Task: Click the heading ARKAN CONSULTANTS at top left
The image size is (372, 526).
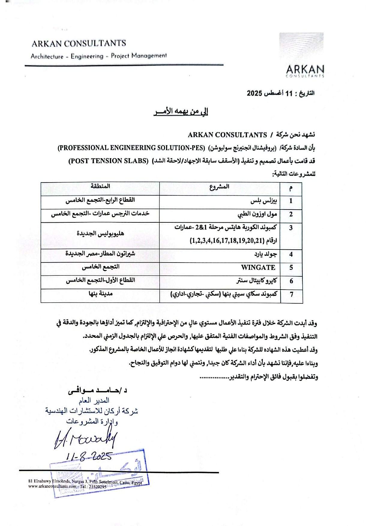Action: (x=79, y=43)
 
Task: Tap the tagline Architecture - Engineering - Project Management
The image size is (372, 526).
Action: (x=98, y=56)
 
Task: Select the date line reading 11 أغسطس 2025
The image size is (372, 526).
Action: (x=280, y=93)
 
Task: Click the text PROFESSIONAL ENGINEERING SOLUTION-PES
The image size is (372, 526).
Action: (x=131, y=148)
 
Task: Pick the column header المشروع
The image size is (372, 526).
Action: (x=219, y=187)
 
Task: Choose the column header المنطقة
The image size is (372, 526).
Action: (x=100, y=186)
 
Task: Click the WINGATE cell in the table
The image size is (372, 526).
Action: (x=258, y=267)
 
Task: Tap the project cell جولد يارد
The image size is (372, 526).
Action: (x=265, y=254)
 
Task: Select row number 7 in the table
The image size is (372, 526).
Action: (x=291, y=294)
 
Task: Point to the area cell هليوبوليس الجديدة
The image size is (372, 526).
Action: (x=100, y=233)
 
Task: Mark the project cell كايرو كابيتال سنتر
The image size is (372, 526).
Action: (x=256, y=281)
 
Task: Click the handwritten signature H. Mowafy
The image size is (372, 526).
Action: (x=85, y=439)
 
